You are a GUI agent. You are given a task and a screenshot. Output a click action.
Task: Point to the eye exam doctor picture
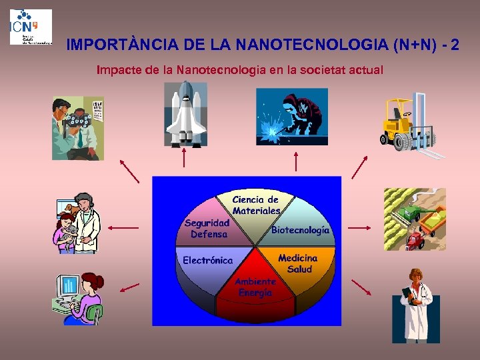coord(78,128)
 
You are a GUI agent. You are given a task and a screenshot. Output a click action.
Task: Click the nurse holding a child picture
coord(77,223)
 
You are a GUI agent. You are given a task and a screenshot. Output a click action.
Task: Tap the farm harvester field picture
coord(414,219)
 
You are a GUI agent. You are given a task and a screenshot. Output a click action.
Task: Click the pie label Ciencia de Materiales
coord(256,205)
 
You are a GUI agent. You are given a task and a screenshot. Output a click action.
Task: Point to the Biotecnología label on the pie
coord(300,230)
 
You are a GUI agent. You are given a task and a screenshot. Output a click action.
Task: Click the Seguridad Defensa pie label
coord(208,229)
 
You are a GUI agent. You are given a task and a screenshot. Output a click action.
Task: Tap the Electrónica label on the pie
coord(207,260)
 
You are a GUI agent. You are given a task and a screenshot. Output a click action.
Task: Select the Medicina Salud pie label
coord(299,263)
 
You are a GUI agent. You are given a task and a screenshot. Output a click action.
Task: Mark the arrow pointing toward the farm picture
coord(359,227)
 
